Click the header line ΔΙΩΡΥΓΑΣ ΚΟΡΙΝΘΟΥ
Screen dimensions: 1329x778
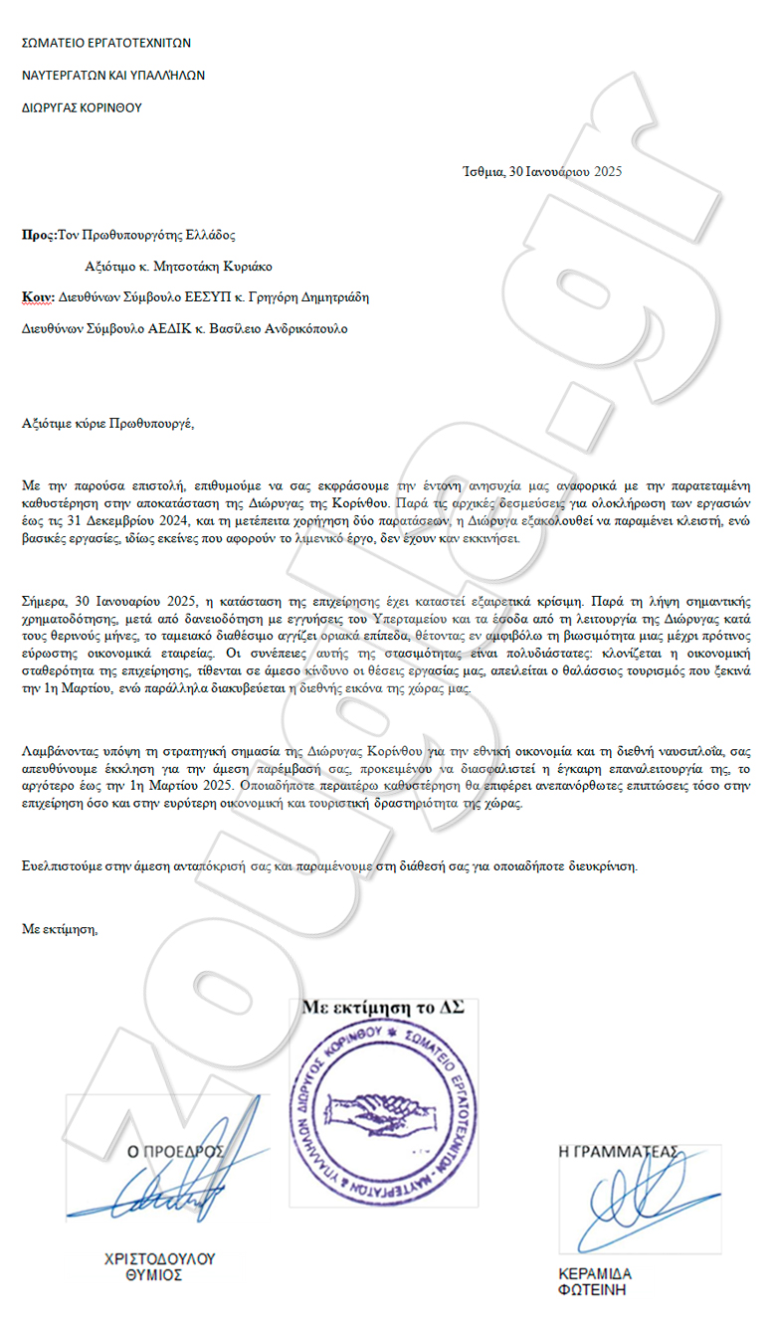(82, 108)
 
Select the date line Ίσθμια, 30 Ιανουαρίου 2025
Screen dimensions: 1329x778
(542, 171)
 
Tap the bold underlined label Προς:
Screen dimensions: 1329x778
(39, 235)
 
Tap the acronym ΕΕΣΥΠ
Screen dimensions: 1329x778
(197, 297)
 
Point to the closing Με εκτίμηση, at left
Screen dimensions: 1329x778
(61, 929)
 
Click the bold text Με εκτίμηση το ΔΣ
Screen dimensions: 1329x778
(383, 1007)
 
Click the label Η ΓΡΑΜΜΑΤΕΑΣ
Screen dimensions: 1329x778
(619, 1152)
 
